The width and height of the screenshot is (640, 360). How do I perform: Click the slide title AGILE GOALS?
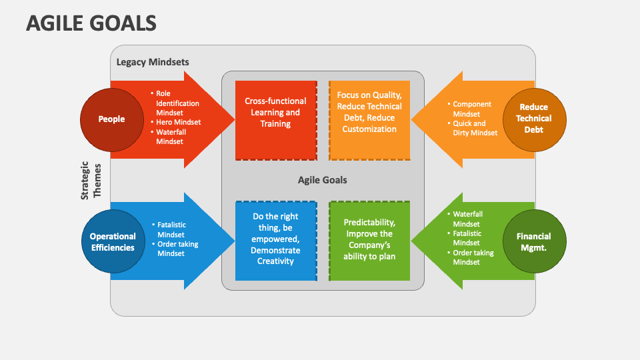click(91, 23)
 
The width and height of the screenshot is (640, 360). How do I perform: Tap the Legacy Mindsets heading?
click(153, 62)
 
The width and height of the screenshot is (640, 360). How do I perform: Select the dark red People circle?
click(111, 119)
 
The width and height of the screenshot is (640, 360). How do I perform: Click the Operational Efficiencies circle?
click(113, 241)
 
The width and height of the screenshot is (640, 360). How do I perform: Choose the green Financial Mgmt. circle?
click(533, 241)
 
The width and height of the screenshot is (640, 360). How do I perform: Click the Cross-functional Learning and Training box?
click(275, 113)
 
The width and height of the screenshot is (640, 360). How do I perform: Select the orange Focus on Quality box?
click(369, 113)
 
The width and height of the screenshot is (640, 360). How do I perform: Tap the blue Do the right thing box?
click(275, 239)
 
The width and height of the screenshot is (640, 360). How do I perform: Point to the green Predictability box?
click(369, 239)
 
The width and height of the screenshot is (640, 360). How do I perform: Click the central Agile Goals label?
click(322, 180)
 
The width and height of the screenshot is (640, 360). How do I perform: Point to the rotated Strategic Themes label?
click(90, 181)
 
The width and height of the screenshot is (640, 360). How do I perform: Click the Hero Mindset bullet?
click(178, 122)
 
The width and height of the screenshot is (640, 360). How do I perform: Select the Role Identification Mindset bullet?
click(177, 103)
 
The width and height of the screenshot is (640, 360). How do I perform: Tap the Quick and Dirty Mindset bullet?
click(475, 128)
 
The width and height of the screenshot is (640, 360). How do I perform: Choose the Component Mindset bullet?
click(472, 109)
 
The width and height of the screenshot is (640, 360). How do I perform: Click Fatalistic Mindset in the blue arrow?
click(171, 230)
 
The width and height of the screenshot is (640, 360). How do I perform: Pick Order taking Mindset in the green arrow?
click(474, 257)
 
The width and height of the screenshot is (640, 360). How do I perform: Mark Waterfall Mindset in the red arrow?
click(171, 137)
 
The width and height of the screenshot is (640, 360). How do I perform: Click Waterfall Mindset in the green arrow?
click(467, 219)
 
